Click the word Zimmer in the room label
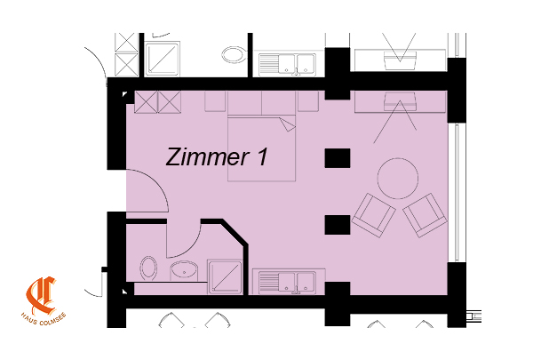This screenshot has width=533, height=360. click(x=208, y=156)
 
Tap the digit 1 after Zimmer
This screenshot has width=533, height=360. click(x=262, y=156)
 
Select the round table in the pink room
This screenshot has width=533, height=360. click(x=398, y=179)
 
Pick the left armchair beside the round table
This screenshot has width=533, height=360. click(x=374, y=215)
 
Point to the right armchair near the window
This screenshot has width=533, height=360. click(x=425, y=215)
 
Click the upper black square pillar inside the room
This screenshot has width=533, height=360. click(x=338, y=158)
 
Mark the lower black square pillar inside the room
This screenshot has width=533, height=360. click(x=338, y=225)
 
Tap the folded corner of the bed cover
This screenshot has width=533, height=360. click(x=287, y=124)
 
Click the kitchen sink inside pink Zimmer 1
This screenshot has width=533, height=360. click(x=287, y=282)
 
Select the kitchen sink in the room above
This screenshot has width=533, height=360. click(x=287, y=64)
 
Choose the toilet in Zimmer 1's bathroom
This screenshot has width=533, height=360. click(x=148, y=268)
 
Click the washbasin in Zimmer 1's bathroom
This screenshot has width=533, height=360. click(x=184, y=271)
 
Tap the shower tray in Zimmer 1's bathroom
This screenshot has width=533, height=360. click(x=225, y=277)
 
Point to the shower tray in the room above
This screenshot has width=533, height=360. click(x=163, y=60)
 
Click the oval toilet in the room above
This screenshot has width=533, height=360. click(x=235, y=55)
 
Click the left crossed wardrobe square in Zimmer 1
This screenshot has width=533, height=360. click(x=147, y=101)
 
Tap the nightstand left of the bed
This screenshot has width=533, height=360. click(x=215, y=101)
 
